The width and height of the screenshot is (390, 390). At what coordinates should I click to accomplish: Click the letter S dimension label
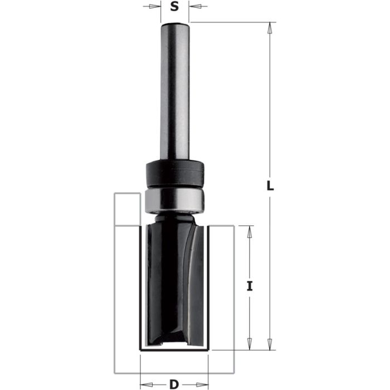coord(174,8)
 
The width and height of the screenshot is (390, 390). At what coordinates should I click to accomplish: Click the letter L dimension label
coord(270,188)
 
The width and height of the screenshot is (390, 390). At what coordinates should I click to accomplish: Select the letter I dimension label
coord(250,286)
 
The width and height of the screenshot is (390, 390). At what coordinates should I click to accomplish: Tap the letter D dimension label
coord(173,384)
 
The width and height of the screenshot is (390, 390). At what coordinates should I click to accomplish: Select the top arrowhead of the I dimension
coord(250,230)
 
